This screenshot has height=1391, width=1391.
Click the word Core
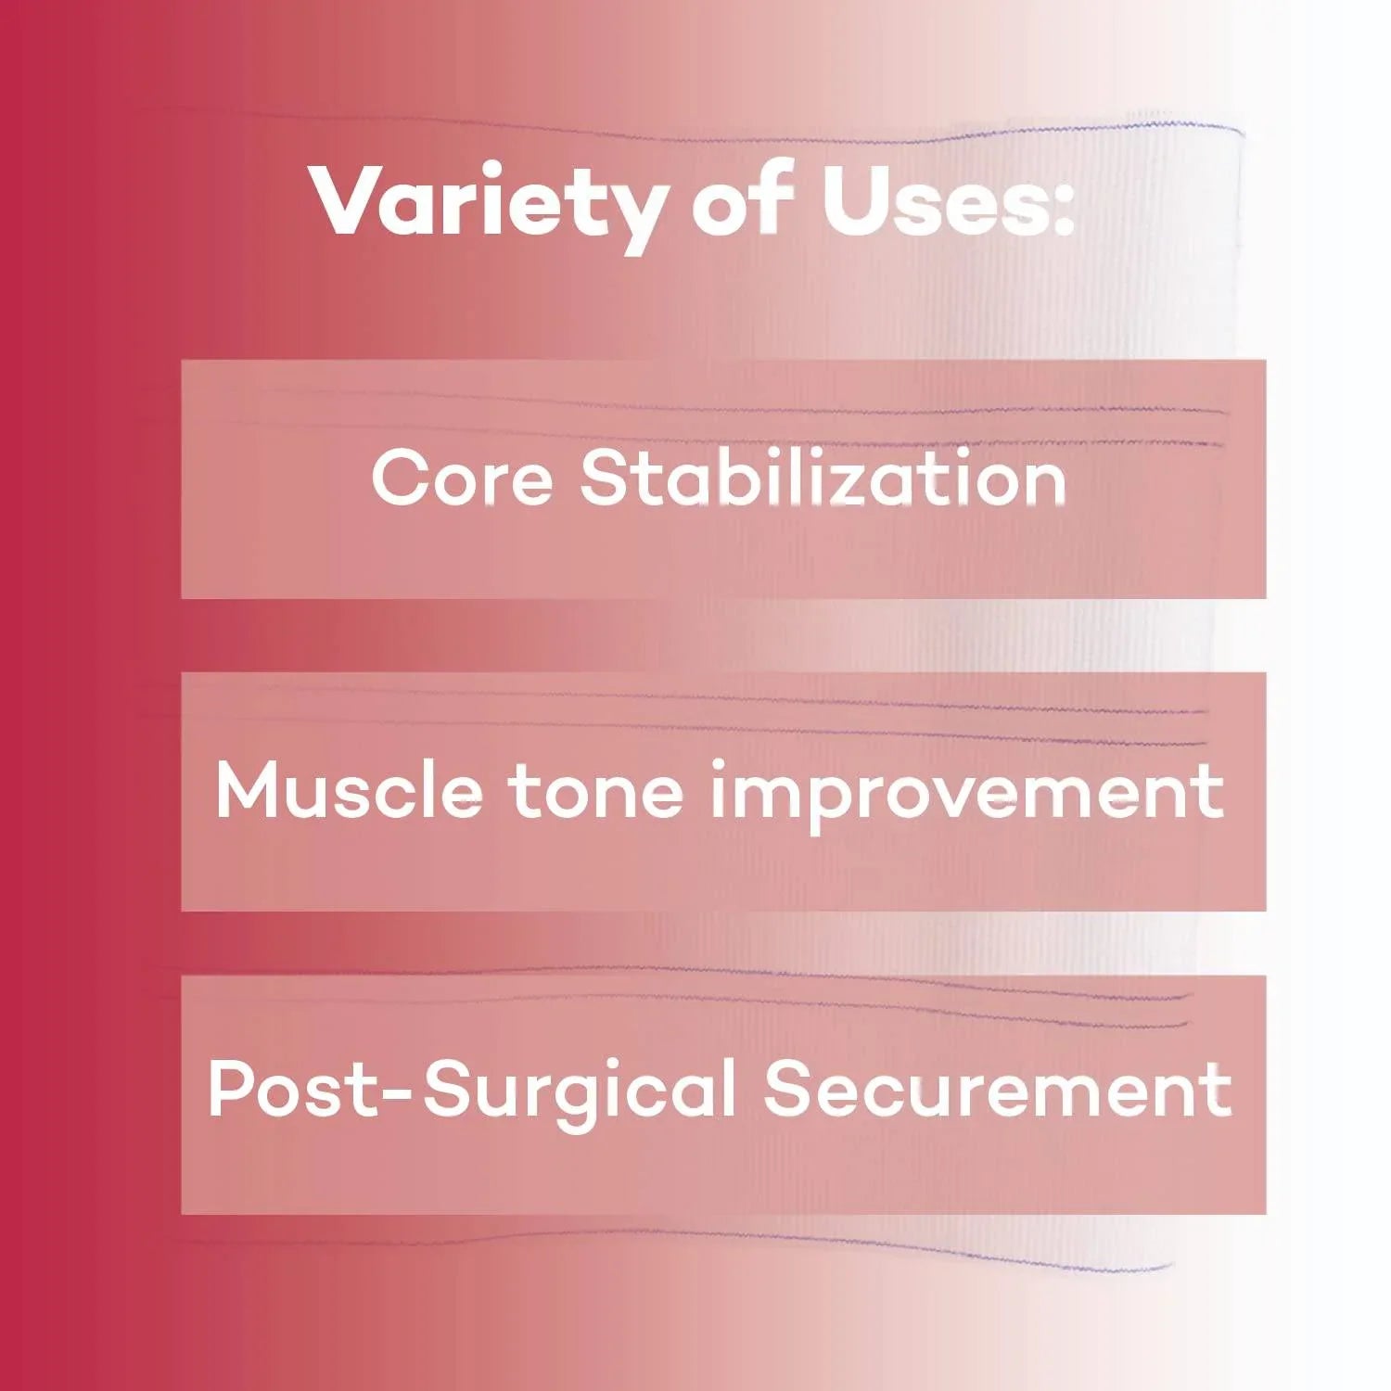click(x=462, y=478)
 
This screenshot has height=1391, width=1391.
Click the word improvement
click(x=966, y=794)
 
